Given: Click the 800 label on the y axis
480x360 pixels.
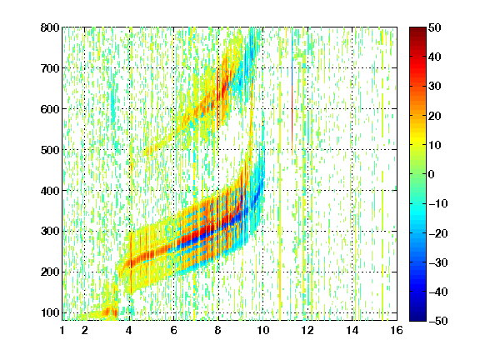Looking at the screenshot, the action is (x=50, y=27).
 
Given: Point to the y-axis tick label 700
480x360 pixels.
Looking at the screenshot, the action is (x=50, y=68).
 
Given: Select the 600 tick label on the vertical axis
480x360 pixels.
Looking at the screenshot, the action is (x=50, y=109).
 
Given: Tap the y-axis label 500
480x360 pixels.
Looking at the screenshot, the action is (x=50, y=150).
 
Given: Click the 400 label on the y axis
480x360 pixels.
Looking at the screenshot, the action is (x=50, y=191).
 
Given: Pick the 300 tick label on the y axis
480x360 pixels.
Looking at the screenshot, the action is (x=50, y=232).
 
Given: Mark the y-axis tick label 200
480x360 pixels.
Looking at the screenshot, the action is (x=50, y=272).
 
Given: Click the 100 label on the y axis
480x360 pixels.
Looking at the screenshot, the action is (x=50, y=312).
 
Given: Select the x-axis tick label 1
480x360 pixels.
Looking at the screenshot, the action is (x=62, y=330).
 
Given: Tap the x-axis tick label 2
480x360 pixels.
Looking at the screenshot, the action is (x=85, y=330).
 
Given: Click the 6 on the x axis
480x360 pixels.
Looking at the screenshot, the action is (x=174, y=330).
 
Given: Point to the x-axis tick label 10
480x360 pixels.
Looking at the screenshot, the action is (x=262, y=330).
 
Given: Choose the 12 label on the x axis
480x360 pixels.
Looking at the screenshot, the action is (x=307, y=330).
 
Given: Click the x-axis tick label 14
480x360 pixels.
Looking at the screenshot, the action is (x=352, y=330).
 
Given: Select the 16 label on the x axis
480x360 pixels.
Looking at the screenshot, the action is (x=397, y=330).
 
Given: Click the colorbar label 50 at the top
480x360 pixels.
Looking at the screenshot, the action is (x=435, y=27).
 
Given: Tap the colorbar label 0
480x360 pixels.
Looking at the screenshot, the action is (x=432, y=174).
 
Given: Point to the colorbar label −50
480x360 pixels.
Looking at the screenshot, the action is (x=438, y=321).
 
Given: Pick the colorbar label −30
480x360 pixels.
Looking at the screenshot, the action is (x=438, y=262).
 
